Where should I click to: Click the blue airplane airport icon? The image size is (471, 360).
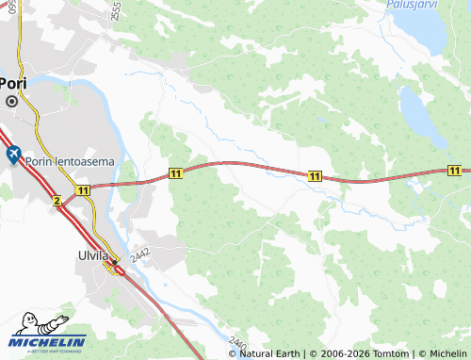coord(13,154)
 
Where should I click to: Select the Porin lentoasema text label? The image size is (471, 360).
coord(75,161)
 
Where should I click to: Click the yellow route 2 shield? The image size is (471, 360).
coord(57,201)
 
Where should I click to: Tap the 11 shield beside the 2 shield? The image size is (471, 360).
coord(84,190)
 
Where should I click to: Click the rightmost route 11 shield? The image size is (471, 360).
coord(455,171)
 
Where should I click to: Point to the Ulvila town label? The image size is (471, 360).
coord(95,254)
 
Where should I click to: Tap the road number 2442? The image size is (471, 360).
coord(140,254)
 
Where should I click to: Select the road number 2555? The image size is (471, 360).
coord(115,11)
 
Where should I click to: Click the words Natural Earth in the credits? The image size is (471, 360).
coord(269,353)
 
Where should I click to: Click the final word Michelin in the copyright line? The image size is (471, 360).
coord(447,353)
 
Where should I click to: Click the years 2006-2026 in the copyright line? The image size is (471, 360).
coord(341,353)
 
